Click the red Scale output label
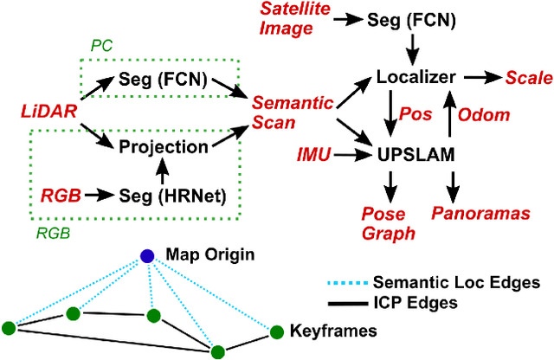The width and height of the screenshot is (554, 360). tap(530, 78)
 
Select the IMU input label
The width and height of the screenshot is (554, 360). tap(312, 156)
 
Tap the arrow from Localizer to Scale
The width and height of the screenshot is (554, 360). tap(486, 78)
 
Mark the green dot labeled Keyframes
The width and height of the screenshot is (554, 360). tap(277, 331)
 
